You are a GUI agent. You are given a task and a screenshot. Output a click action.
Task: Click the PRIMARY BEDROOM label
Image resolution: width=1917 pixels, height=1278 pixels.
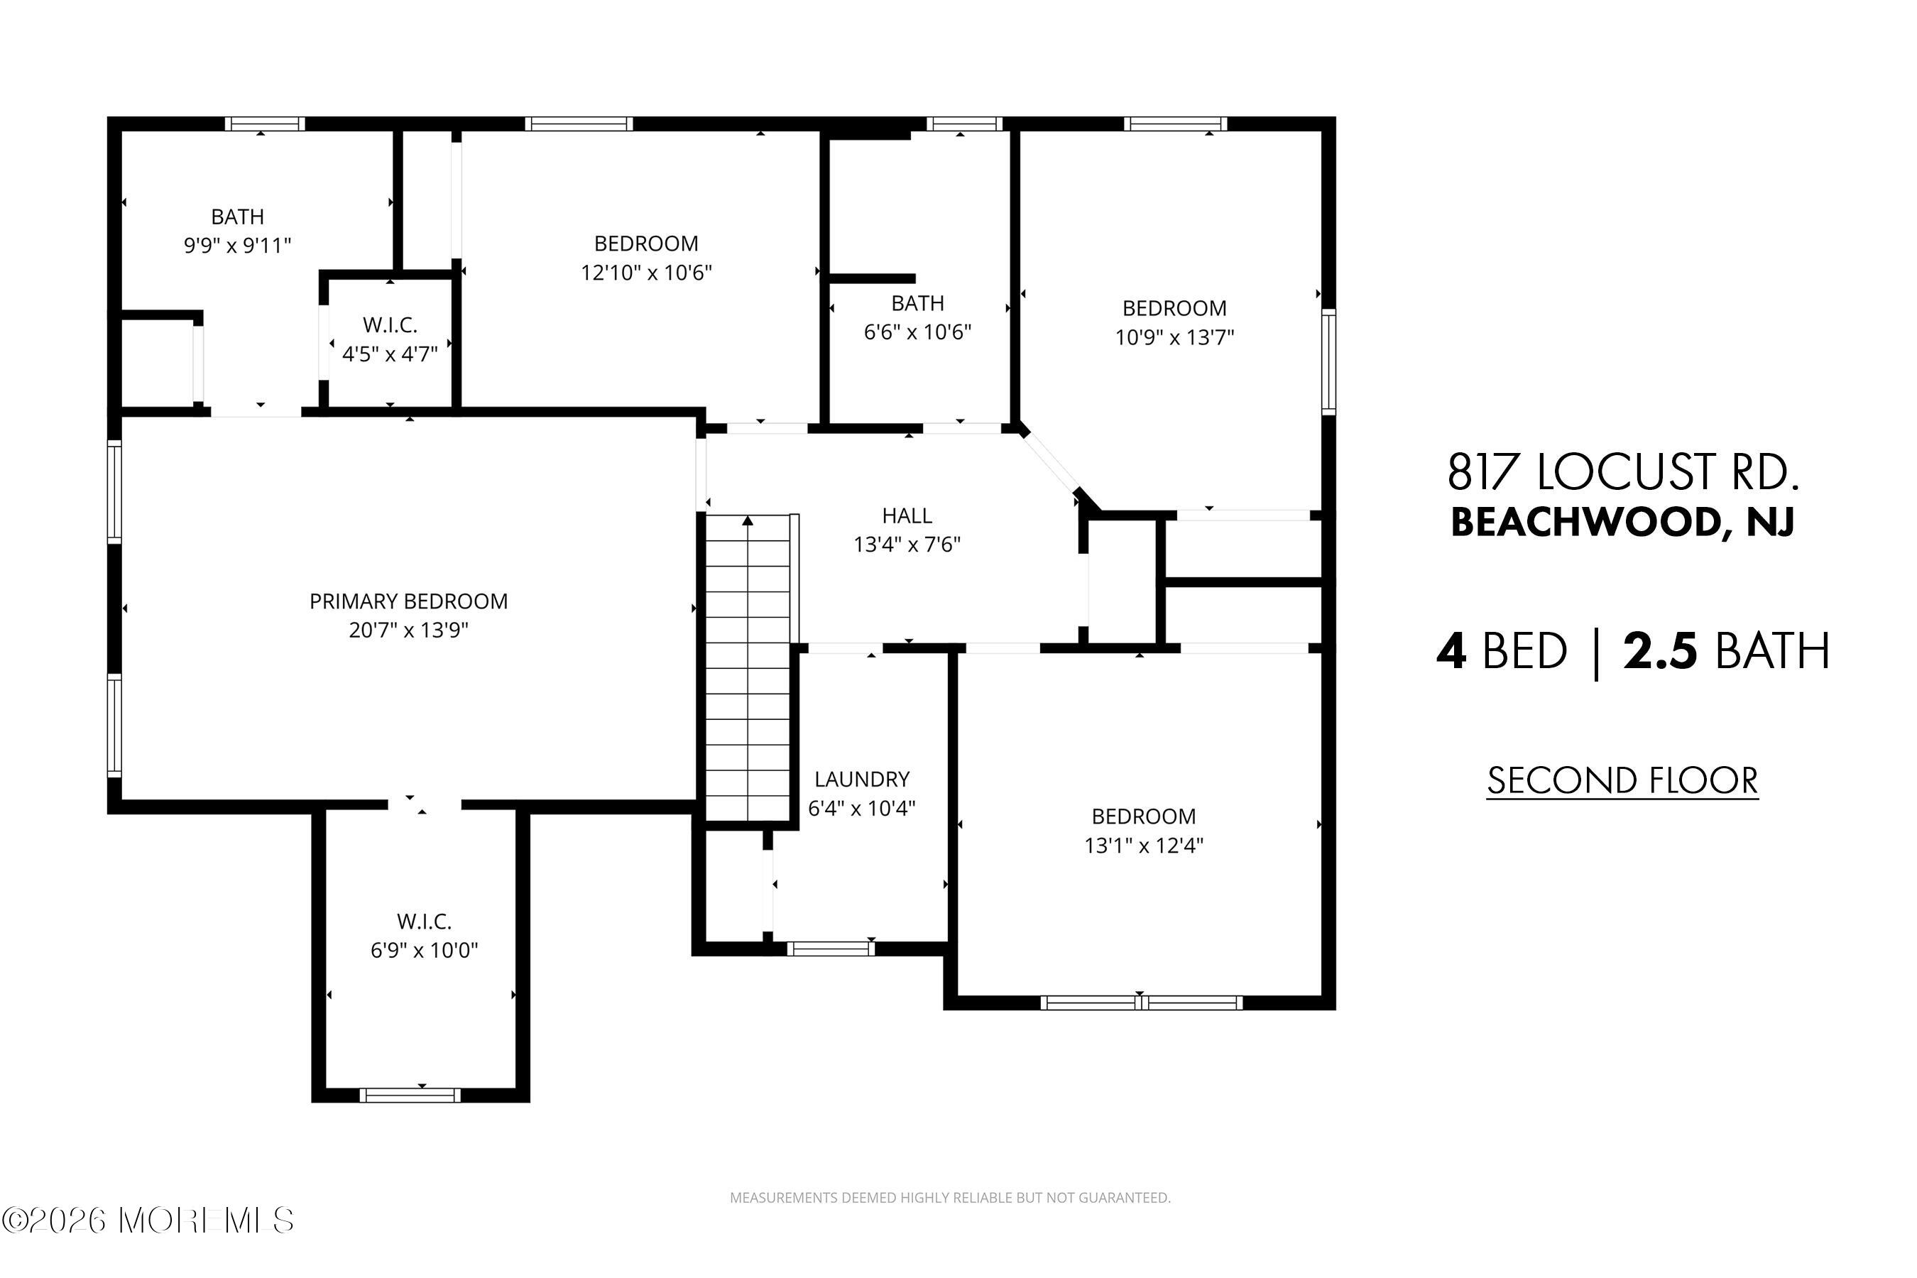click(x=408, y=601)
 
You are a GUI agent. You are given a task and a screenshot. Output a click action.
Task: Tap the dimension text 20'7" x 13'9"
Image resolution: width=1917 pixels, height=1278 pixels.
click(x=408, y=630)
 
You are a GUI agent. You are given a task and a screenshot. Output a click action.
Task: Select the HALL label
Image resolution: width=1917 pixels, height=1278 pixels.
click(x=907, y=516)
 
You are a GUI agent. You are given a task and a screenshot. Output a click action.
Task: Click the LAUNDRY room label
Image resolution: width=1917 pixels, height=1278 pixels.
click(x=861, y=779)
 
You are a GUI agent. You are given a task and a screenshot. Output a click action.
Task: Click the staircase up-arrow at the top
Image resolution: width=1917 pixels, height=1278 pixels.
click(x=748, y=520)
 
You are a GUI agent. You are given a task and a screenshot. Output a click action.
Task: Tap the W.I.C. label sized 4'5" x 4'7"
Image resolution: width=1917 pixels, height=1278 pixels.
click(x=390, y=325)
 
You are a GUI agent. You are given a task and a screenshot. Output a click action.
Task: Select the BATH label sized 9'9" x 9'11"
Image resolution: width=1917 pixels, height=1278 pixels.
click(x=237, y=217)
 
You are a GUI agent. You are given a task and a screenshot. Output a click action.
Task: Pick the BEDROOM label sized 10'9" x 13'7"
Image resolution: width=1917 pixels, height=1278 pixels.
click(x=1174, y=308)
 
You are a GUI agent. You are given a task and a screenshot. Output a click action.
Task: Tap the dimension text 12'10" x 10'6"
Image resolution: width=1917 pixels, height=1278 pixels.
click(x=645, y=272)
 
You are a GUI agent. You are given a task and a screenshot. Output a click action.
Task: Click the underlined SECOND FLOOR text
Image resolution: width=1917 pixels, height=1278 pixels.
click(x=1622, y=780)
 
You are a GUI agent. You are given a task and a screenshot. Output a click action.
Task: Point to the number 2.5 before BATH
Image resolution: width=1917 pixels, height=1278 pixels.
click(x=1659, y=651)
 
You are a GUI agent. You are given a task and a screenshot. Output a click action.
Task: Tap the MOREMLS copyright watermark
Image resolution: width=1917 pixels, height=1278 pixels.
click(x=148, y=1220)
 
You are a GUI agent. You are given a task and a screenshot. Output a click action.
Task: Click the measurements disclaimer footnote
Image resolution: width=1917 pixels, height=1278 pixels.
click(x=949, y=1197)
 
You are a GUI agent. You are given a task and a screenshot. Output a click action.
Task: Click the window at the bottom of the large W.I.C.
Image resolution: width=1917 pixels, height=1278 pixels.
click(x=410, y=1096)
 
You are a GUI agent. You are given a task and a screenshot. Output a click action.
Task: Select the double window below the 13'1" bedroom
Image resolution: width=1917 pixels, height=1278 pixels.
click(x=1141, y=1003)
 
